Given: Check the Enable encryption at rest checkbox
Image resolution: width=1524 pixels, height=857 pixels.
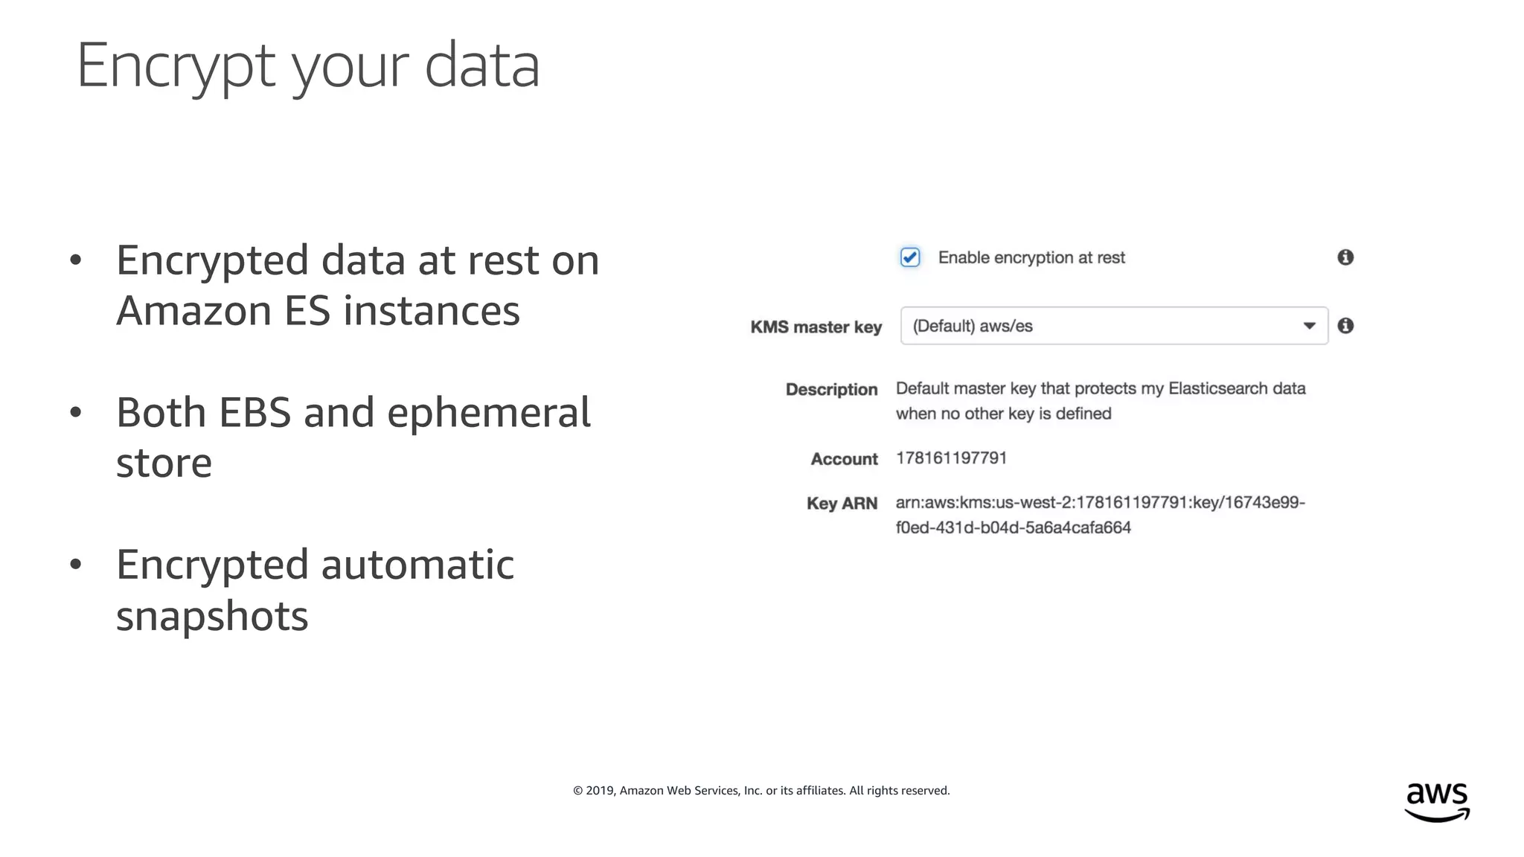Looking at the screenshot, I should click(x=910, y=257).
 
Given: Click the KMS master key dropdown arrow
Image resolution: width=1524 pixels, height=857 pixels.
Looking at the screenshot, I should click(x=1309, y=326).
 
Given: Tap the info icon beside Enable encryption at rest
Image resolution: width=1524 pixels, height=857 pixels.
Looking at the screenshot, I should click(x=1345, y=257).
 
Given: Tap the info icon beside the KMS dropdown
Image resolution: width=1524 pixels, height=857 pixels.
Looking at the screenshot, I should click(x=1345, y=326).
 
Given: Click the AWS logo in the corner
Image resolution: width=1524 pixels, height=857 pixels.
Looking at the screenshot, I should click(x=1437, y=801).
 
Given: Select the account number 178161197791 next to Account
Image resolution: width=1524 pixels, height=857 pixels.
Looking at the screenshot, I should click(x=951, y=458).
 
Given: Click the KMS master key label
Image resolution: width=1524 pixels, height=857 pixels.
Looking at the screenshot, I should click(x=816, y=327).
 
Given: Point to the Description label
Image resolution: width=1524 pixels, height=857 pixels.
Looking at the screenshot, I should click(x=831, y=390).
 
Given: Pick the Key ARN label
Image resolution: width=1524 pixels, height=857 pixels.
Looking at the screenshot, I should click(x=842, y=504).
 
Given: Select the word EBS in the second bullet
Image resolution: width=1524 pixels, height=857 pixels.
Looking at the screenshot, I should click(x=254, y=413).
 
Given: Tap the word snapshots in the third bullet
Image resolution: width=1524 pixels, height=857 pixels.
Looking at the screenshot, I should click(x=212, y=616).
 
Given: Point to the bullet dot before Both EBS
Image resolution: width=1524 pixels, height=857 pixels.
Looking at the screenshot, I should click(x=75, y=412).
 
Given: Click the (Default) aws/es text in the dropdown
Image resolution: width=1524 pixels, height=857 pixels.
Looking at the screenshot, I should click(x=973, y=326).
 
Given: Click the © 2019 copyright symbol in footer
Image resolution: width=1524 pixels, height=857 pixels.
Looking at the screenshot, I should click(x=578, y=791).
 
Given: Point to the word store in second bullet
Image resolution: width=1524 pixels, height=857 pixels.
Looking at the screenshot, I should click(x=164, y=463).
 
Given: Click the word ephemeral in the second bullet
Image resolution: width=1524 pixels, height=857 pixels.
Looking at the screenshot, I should click(x=489, y=413).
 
